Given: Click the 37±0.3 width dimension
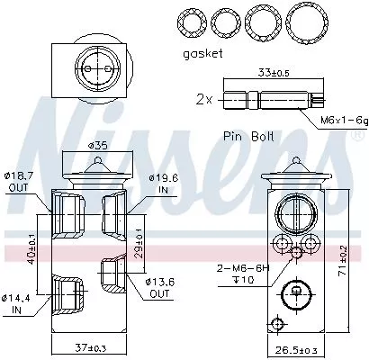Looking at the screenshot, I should [x=90, y=346].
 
